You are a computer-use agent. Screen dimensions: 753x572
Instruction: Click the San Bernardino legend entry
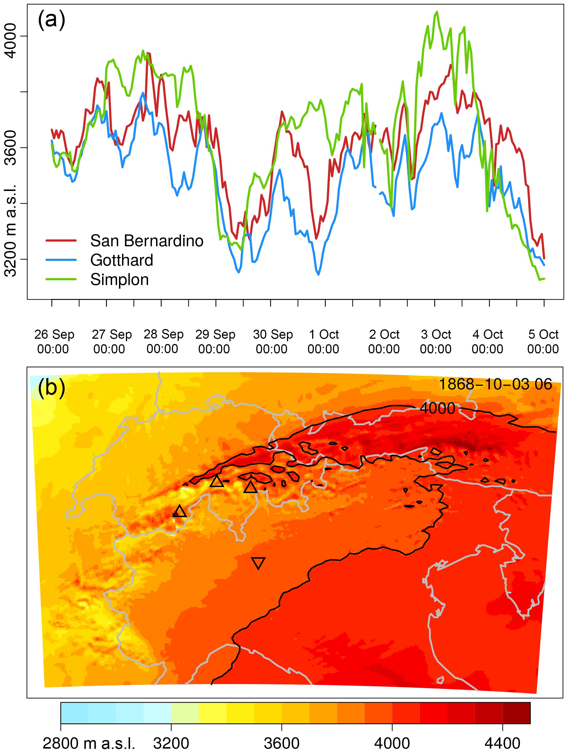[x=146, y=241]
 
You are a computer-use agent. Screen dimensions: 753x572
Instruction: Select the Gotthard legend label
[x=121, y=260]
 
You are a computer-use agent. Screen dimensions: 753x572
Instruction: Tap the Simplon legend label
[x=120, y=280]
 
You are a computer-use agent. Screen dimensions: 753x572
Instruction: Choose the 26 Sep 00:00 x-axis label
[x=54, y=341]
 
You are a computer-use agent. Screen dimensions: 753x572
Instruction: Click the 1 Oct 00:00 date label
[x=323, y=341]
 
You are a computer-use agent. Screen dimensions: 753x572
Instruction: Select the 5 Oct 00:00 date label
[x=543, y=341]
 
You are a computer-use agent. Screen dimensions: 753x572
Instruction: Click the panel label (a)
[x=51, y=19]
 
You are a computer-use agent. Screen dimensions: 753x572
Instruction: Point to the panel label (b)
[x=51, y=388]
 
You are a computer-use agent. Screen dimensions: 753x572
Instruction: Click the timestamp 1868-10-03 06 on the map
[x=495, y=384]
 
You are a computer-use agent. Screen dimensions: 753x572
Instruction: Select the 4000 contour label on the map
[x=437, y=408]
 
